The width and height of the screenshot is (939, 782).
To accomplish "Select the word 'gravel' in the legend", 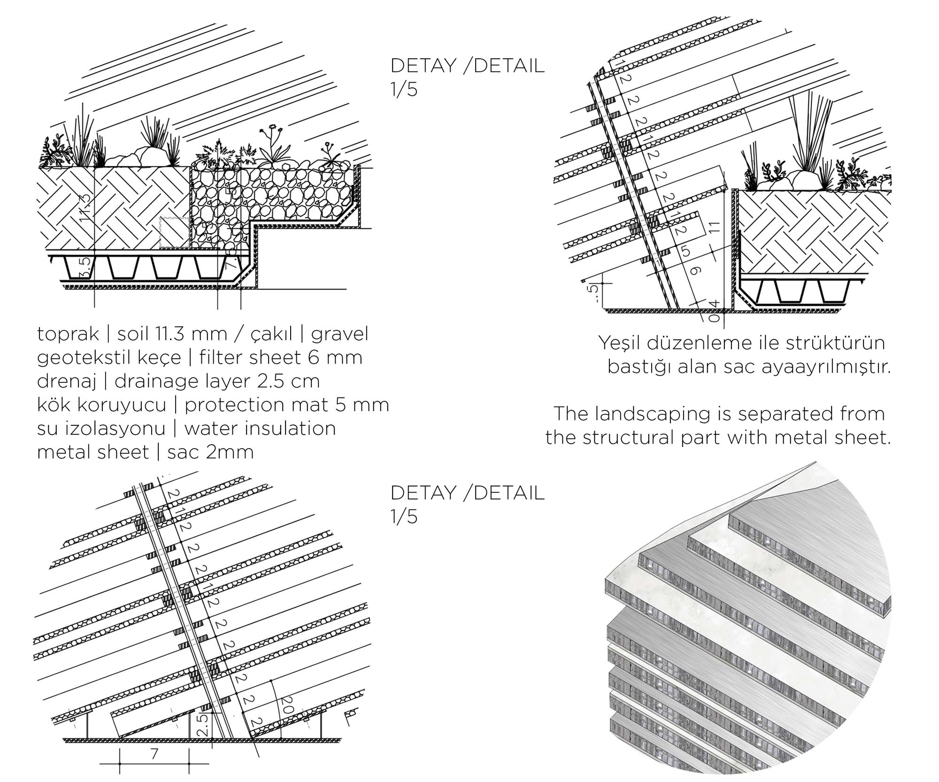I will tap(339, 334).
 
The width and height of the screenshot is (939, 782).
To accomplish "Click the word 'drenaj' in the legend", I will tap(66, 382).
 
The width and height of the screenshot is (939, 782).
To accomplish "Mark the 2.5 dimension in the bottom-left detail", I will tap(202, 724).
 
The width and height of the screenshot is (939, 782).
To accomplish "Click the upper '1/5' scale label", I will tap(404, 89).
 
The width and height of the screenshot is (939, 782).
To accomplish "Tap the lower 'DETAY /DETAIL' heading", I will tap(467, 493).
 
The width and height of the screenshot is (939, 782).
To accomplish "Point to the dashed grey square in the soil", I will tap(175, 232).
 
